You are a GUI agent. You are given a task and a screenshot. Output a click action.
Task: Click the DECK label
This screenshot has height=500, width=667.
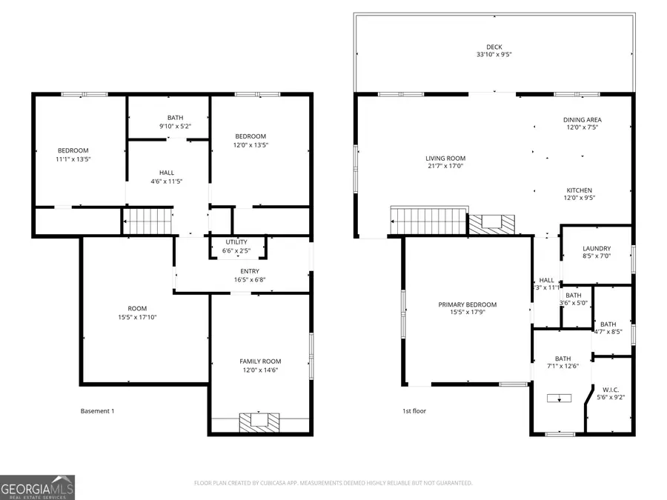pyautogui.click(x=494, y=47)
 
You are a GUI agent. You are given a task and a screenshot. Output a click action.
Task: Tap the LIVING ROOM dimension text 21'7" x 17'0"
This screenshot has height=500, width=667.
pyautogui.click(x=445, y=167)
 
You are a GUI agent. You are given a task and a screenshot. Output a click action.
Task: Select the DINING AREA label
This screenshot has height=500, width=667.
pyautogui.click(x=582, y=119)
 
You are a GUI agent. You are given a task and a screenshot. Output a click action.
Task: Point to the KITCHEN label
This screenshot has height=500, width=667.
pyautogui.click(x=579, y=190)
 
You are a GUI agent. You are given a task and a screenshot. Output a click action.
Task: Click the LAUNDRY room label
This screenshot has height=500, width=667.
pyautogui.click(x=597, y=248)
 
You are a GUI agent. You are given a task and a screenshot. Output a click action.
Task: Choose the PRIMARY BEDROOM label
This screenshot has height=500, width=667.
pyautogui.click(x=467, y=304)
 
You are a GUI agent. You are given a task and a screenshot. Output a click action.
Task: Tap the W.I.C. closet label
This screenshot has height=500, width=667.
pyautogui.click(x=611, y=389)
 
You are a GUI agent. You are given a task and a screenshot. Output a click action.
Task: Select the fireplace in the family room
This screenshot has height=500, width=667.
pyautogui.click(x=259, y=421)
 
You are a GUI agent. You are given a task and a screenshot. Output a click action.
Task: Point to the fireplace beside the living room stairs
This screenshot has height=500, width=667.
pyautogui.click(x=491, y=222)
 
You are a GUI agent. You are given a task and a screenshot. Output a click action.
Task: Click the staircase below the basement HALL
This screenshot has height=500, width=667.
pyautogui.click(x=147, y=221)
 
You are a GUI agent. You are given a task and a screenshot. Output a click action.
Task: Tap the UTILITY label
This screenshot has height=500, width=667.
pyautogui.click(x=237, y=242)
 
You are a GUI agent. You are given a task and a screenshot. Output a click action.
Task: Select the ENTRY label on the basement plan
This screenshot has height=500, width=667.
pyautogui.click(x=245, y=270)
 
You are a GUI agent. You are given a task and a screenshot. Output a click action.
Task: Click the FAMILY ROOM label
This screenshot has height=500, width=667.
pyautogui.click(x=260, y=361)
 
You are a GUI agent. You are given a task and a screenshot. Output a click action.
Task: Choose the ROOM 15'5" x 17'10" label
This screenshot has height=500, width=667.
pyautogui.click(x=137, y=308)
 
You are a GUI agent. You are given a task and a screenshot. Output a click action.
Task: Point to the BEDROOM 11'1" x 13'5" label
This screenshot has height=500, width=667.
pyautogui.click(x=73, y=150)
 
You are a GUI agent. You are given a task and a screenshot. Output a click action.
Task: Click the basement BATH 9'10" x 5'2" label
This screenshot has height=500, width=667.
pyautogui.click(x=176, y=118)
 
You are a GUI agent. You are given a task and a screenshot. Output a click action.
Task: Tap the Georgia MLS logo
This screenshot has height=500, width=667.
pyautogui.click(x=37, y=487)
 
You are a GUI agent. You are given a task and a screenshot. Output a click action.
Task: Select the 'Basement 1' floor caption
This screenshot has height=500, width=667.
pyautogui.click(x=97, y=411)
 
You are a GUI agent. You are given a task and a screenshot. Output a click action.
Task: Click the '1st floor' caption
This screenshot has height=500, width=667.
pyautogui.click(x=414, y=411)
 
